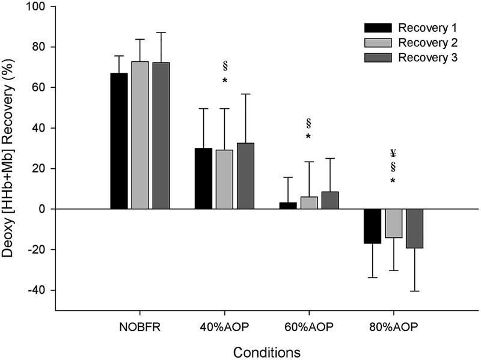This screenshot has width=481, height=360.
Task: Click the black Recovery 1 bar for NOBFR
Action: coord(118,141)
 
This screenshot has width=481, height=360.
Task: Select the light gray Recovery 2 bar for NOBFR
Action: coord(140,135)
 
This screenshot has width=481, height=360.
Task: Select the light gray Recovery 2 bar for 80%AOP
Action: coord(394,223)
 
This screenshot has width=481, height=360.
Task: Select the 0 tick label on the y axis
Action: coord(46,209)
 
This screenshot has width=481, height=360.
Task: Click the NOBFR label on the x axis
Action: coord(139,328)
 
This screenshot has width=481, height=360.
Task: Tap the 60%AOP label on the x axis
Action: coord(309,328)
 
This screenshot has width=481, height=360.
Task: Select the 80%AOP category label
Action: coord(393,328)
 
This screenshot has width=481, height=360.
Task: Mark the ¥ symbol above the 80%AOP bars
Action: coord(393,153)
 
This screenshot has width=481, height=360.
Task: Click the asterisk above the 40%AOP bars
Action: coord(224,81)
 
